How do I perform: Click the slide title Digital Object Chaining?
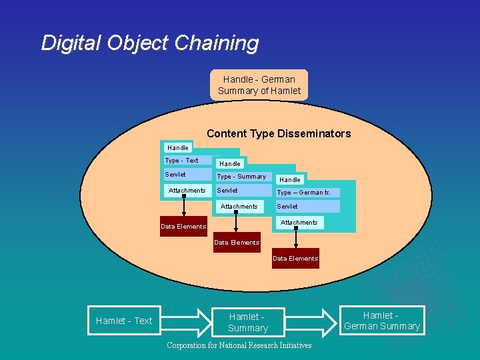[x=149, y=43]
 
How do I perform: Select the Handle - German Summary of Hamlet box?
[x=259, y=85]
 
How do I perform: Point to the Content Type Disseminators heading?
[x=278, y=133]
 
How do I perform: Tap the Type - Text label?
[x=182, y=161]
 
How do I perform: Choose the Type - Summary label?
[x=241, y=177]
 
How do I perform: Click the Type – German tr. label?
[x=304, y=193]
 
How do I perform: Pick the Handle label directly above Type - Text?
[x=178, y=147]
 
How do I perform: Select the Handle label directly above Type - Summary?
[x=230, y=163]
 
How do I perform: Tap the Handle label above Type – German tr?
[x=290, y=179]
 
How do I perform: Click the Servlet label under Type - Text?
[x=176, y=175]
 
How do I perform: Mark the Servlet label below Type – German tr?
[x=288, y=207]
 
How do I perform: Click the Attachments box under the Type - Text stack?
[x=187, y=191]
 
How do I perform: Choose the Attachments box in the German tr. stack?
[x=299, y=223]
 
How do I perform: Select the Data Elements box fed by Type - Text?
[x=183, y=227]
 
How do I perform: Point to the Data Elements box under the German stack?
[x=295, y=259]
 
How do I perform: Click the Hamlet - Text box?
[x=124, y=321]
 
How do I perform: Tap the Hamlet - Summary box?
[x=248, y=323]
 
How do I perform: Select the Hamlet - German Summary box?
[x=382, y=321]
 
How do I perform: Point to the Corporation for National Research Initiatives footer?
[x=239, y=345]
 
